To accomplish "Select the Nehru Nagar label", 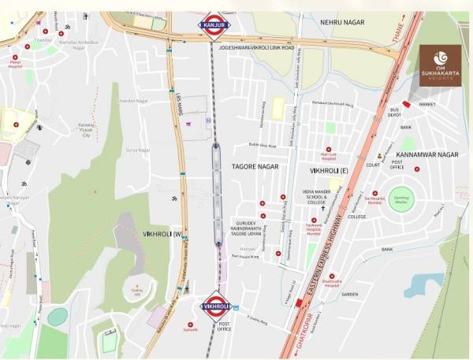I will tap(347, 22).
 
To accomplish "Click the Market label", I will tap(426, 104).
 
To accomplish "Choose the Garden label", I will tap(350, 295).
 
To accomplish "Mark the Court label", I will tap(373, 165).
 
